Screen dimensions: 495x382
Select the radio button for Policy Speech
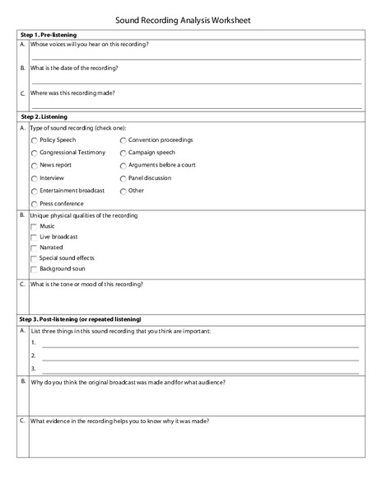coord(34,140)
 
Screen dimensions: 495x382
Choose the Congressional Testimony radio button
coord(34,153)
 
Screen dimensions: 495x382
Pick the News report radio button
coord(34,165)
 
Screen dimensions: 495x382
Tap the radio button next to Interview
coord(34,178)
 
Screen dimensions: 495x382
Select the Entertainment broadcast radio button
coord(34,191)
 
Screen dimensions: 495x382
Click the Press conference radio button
coord(34,203)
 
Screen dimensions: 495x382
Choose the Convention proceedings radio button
coord(123,140)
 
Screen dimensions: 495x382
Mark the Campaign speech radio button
coord(123,153)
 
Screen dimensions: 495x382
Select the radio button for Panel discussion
coord(123,178)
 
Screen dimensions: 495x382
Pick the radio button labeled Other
coord(123,191)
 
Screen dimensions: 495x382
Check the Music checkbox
coord(34,226)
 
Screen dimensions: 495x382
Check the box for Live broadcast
coord(34,237)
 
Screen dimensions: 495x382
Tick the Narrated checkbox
coord(34,247)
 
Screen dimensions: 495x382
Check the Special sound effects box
coord(34,258)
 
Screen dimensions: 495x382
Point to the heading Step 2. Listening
coord(44,117)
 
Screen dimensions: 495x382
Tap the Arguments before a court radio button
coord(123,165)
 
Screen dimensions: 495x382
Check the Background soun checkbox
coord(34,269)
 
